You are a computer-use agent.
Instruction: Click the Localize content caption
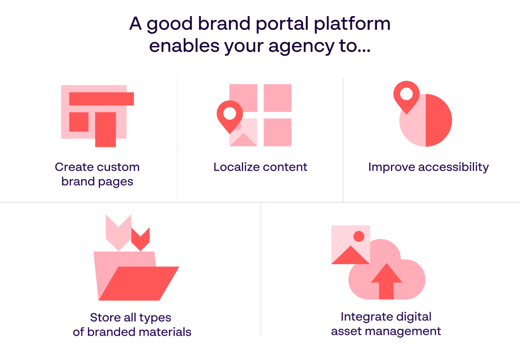tap(260, 167)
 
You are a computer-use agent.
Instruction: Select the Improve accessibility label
tap(429, 167)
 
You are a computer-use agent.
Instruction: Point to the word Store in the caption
tap(104, 317)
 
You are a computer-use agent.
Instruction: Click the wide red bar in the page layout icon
tap(101, 99)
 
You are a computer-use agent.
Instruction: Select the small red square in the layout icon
tap(79, 122)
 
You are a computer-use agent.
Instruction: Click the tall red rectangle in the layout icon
tap(105, 129)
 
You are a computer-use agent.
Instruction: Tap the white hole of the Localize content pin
tap(230, 113)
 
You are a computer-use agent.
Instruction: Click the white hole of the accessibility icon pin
tap(406, 94)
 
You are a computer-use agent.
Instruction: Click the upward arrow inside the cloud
tap(387, 282)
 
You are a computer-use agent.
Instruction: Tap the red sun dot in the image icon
tap(359, 236)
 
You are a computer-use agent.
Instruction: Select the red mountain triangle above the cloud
tap(350, 256)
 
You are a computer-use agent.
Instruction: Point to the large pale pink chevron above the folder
tap(118, 233)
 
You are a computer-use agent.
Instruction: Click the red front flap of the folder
tap(139, 284)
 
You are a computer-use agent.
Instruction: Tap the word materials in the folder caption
tap(165, 332)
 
